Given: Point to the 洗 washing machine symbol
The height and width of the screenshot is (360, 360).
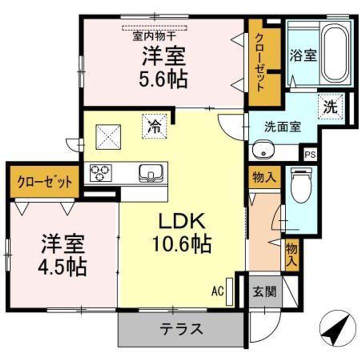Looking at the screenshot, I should (x=330, y=107).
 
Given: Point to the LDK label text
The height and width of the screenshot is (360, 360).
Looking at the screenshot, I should (x=181, y=221).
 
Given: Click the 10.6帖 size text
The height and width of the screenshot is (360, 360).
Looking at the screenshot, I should (x=181, y=244).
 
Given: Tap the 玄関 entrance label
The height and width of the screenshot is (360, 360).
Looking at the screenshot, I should (x=264, y=291).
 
